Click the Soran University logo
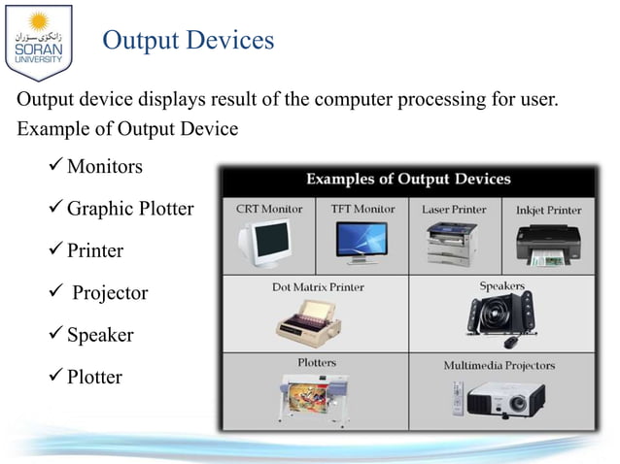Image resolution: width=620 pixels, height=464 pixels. [x=38, y=40]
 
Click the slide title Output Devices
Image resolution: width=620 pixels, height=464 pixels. [x=188, y=41]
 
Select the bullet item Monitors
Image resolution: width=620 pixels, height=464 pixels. [x=104, y=167]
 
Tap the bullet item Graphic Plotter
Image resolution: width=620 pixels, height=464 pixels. [x=130, y=209]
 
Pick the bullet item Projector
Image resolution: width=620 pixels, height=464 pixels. [x=107, y=292]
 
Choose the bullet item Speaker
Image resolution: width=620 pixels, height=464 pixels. [x=100, y=335]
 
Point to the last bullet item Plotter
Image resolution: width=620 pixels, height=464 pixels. [x=94, y=377]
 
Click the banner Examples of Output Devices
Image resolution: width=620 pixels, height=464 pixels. [x=408, y=180]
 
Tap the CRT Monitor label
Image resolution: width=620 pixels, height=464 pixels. [x=269, y=209]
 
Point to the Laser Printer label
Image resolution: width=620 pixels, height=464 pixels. [x=455, y=209]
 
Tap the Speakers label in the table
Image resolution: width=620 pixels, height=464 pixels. [x=501, y=286]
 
